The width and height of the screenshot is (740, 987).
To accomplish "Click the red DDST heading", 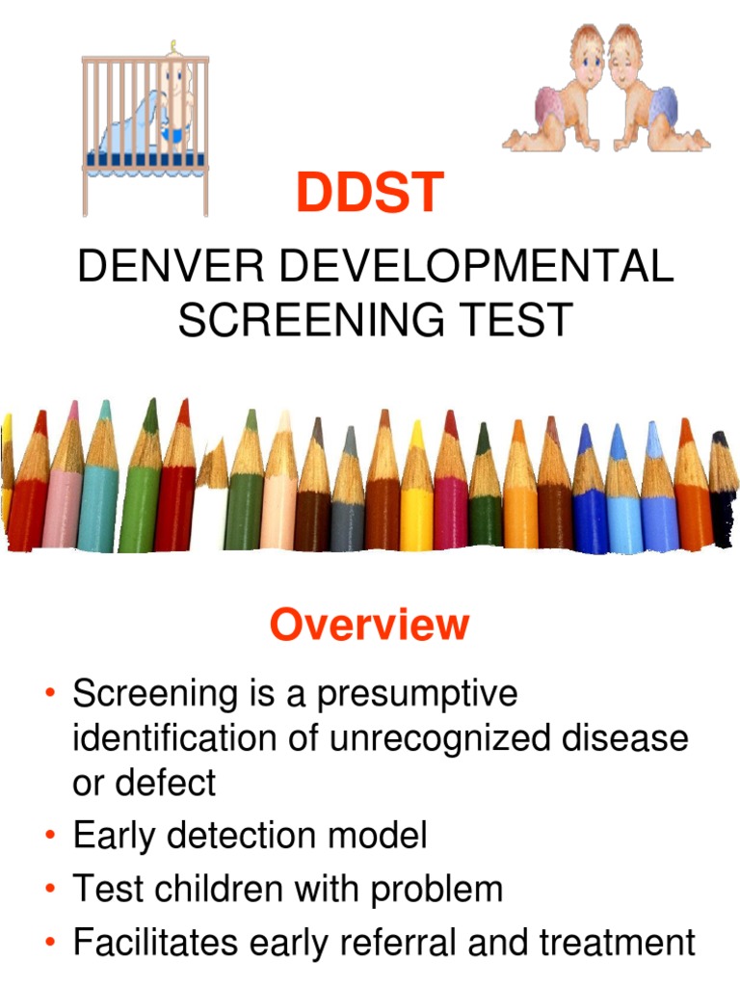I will [369, 193].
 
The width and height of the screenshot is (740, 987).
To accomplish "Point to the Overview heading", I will [369, 625].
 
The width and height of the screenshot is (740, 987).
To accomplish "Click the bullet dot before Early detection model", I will [48, 836].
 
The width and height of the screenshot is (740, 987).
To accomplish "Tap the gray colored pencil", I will [348, 501].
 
